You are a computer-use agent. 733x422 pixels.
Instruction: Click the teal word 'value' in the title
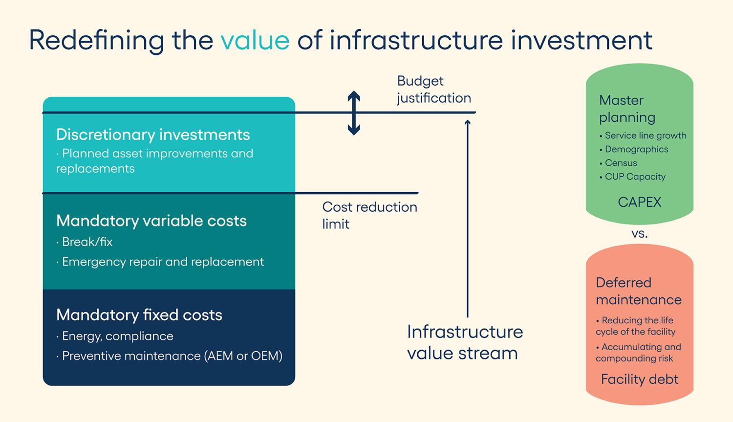click(x=255, y=40)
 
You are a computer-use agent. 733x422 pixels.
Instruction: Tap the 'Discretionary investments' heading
click(x=153, y=134)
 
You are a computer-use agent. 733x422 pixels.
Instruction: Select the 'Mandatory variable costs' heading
click(x=151, y=221)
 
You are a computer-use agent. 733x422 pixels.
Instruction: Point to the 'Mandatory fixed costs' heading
click(x=139, y=315)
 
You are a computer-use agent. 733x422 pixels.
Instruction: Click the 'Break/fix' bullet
click(x=84, y=242)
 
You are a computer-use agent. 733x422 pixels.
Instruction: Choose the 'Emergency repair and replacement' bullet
click(x=160, y=262)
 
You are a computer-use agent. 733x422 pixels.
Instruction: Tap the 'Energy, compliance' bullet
click(x=114, y=336)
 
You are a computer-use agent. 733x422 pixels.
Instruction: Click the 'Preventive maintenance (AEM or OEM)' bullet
click(x=169, y=356)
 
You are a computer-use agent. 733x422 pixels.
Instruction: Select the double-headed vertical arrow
click(x=354, y=113)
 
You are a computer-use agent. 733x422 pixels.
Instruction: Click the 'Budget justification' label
click(x=434, y=89)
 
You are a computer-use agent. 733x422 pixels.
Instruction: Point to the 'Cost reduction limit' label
click(x=369, y=216)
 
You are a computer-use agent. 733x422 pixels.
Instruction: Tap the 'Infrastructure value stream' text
click(x=465, y=342)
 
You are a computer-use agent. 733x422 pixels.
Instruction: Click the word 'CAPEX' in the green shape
click(x=639, y=202)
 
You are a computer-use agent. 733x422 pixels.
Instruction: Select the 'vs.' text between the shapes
click(x=639, y=234)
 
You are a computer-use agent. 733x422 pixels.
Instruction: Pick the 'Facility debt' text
click(x=639, y=379)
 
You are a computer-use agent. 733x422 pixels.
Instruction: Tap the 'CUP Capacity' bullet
click(x=632, y=177)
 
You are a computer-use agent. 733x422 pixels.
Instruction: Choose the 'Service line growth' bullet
click(x=643, y=135)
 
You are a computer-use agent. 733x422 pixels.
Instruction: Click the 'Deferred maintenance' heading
click(x=638, y=291)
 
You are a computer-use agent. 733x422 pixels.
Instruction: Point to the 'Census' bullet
click(x=618, y=163)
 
